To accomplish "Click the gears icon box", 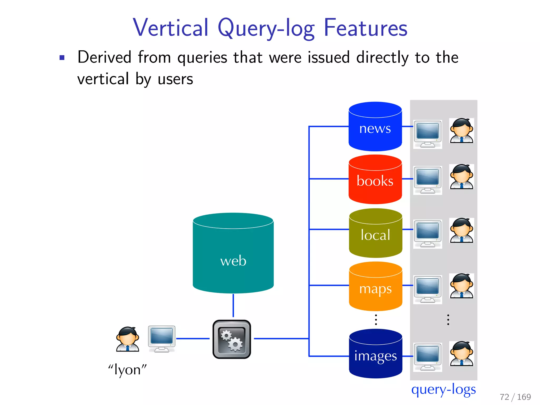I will coord(232,339).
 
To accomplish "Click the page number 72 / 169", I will coord(515,397).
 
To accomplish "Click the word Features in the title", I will coord(365,28).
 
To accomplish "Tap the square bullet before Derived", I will coord(62,58).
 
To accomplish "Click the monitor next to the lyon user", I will coord(162,338).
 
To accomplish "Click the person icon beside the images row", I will coord(461,354).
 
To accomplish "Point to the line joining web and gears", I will coord(233,305).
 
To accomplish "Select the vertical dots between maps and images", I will coord(376,320).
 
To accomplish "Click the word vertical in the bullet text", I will coord(103,79).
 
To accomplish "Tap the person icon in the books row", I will coord(461,177).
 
